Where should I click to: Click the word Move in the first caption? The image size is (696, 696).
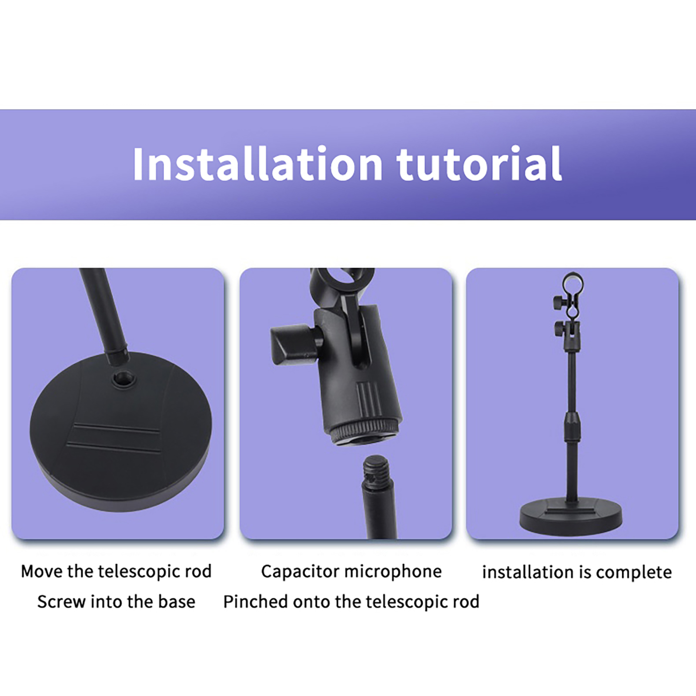42,571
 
